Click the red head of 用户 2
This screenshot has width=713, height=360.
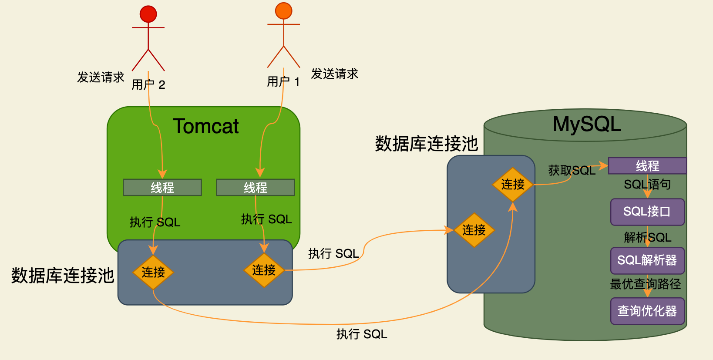click(148, 14)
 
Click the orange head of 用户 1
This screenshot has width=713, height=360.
click(283, 11)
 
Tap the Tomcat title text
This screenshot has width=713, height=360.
click(205, 126)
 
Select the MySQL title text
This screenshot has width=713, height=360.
click(587, 124)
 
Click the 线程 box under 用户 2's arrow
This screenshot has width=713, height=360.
click(162, 188)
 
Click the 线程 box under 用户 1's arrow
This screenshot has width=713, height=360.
click(255, 188)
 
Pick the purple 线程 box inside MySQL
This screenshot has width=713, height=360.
click(647, 166)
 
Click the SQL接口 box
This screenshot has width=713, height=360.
click(647, 212)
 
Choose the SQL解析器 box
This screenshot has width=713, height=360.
click(647, 260)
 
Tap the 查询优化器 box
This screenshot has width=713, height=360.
click(647, 311)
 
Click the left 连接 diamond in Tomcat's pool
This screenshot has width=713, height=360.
click(153, 273)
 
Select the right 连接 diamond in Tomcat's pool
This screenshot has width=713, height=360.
click(264, 270)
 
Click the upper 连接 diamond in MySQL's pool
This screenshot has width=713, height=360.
click(513, 185)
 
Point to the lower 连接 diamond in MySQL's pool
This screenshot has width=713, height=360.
click(474, 230)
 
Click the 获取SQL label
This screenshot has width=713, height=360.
click(572, 171)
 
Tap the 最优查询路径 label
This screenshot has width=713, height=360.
click(645, 284)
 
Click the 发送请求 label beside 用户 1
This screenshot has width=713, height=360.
click(334, 74)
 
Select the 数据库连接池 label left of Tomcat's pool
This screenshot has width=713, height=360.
click(63, 276)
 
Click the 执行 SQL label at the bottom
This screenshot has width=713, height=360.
click(361, 334)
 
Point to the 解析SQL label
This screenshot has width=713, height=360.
click(647, 237)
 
